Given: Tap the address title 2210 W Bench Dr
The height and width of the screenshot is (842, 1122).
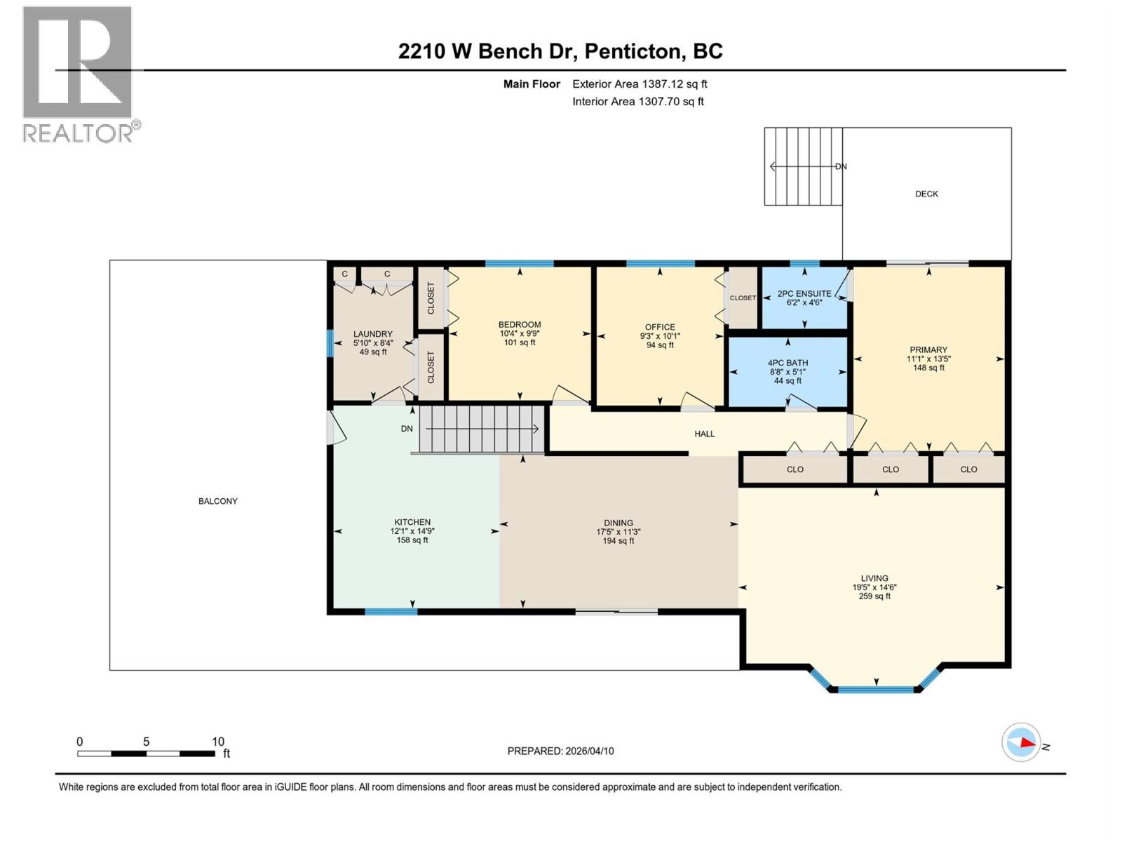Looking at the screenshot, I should coord(560,51).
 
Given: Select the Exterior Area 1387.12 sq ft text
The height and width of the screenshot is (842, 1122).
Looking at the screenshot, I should coord(639,84).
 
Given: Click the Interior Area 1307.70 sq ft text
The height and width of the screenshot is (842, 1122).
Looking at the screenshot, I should coord(637,102).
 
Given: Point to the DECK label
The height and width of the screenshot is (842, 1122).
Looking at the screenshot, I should coord(926,194).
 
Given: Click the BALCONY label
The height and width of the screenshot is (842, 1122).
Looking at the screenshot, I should coord(217,501).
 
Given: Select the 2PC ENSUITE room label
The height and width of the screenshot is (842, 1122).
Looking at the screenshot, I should coord(804,294).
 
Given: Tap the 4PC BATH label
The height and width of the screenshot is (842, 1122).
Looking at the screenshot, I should coord(788,363).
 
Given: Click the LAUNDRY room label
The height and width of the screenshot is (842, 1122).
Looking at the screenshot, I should coord(372,335).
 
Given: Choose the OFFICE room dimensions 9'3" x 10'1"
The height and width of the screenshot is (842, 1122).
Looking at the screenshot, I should coord(659,336).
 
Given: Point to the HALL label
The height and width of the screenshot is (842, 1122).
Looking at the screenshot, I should coord(704,434).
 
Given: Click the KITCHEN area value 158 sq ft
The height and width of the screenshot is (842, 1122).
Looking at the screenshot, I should coord(412,540).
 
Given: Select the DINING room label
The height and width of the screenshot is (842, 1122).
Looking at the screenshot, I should coord(618,523).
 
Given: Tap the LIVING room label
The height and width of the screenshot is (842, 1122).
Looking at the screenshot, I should coord(874,579).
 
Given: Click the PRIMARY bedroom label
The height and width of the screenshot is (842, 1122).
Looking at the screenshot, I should coord(928,350).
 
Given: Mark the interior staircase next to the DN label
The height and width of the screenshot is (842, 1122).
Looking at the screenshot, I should coord(481,429).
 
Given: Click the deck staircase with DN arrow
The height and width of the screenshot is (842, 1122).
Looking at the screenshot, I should coord(803,167).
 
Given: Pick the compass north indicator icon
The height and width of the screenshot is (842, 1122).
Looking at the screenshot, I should coord(1021,742).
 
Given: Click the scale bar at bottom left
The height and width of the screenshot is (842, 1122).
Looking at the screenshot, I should coord(146,754).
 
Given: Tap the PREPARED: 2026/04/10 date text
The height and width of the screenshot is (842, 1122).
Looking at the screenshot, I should coord(560,751).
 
